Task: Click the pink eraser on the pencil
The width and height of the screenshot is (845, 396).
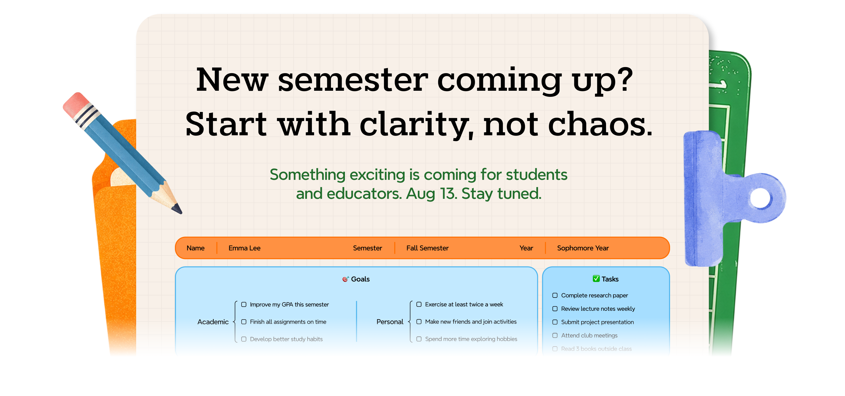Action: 75,104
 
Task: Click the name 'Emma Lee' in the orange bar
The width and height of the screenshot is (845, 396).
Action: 244,248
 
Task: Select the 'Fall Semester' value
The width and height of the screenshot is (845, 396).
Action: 427,248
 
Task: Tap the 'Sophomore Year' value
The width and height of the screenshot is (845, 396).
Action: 583,248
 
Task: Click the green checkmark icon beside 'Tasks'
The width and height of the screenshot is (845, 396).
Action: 596,279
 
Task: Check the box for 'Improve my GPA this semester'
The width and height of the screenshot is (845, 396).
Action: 244,304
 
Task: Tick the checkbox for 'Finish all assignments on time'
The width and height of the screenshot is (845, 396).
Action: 244,322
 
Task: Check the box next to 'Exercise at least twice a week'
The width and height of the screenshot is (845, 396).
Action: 419,304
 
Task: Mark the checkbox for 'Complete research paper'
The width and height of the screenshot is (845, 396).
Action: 555,295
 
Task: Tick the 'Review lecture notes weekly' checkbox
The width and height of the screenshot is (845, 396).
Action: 555,309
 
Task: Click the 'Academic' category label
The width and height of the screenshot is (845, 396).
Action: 213,322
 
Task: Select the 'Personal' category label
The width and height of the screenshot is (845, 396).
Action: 390,322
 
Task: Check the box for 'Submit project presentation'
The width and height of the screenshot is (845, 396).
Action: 555,322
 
